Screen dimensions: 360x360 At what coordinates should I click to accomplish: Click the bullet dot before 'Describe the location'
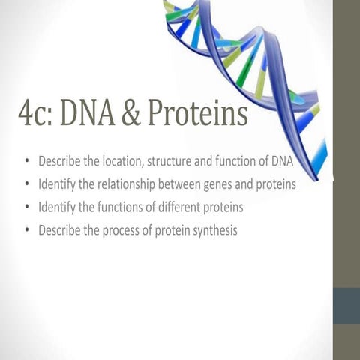pyautogui.click(x=28, y=160)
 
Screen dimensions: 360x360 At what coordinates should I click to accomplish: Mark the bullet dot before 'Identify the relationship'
pyautogui.click(x=28, y=184)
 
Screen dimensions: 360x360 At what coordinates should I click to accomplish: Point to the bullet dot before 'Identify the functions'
pyautogui.click(x=28, y=207)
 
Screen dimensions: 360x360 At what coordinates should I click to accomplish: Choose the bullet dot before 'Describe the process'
pyautogui.click(x=28, y=231)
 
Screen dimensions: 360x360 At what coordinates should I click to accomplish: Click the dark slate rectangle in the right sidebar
pyautogui.click(x=346, y=304)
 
